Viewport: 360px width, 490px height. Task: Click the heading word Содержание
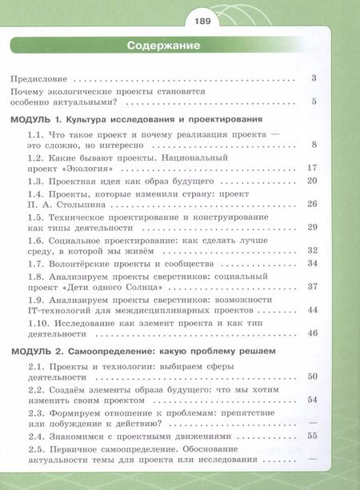coord(163,46)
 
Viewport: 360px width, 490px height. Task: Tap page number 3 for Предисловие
coord(315,78)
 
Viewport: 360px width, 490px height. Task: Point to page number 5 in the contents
coord(315,101)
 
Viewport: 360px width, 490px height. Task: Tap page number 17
coord(313,169)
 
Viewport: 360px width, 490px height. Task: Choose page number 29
coord(313,227)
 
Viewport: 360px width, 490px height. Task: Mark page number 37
coord(313,286)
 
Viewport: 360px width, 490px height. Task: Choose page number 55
coord(313,436)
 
